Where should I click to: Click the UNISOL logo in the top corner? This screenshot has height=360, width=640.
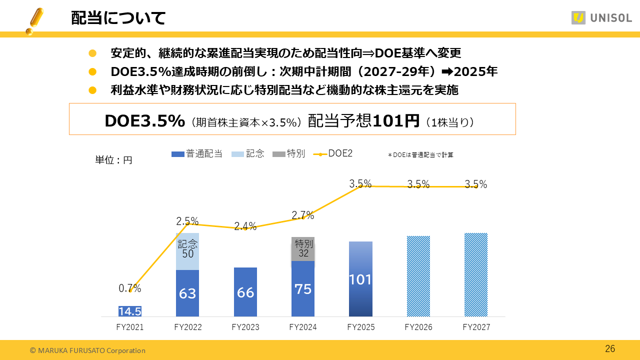tap(601, 18)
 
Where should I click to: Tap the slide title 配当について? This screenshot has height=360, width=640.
tap(118, 18)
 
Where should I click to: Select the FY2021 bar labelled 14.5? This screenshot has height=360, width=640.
tap(130, 311)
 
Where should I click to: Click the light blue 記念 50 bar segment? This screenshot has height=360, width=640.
tap(187, 251)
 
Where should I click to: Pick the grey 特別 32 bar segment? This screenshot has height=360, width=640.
tap(303, 248)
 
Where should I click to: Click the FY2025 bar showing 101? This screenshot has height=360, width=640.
tap(360, 279)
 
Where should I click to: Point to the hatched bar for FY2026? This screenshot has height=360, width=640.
tap(418, 276)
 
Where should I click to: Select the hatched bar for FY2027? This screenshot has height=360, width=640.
tap(475, 274)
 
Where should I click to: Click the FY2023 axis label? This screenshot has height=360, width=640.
tap(245, 327)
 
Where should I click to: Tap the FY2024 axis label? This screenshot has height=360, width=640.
tap(303, 327)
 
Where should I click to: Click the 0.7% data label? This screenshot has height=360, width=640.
tap(130, 288)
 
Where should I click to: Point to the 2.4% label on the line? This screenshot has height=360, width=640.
tap(245, 226)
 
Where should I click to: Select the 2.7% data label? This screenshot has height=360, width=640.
tap(303, 215)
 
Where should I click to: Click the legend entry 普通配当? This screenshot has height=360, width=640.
tap(197, 154)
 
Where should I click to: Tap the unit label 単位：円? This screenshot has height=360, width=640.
tap(114, 160)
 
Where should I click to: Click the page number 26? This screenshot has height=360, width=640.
tap(610, 349)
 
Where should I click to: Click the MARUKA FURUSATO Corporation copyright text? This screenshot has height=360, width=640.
tap(87, 350)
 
